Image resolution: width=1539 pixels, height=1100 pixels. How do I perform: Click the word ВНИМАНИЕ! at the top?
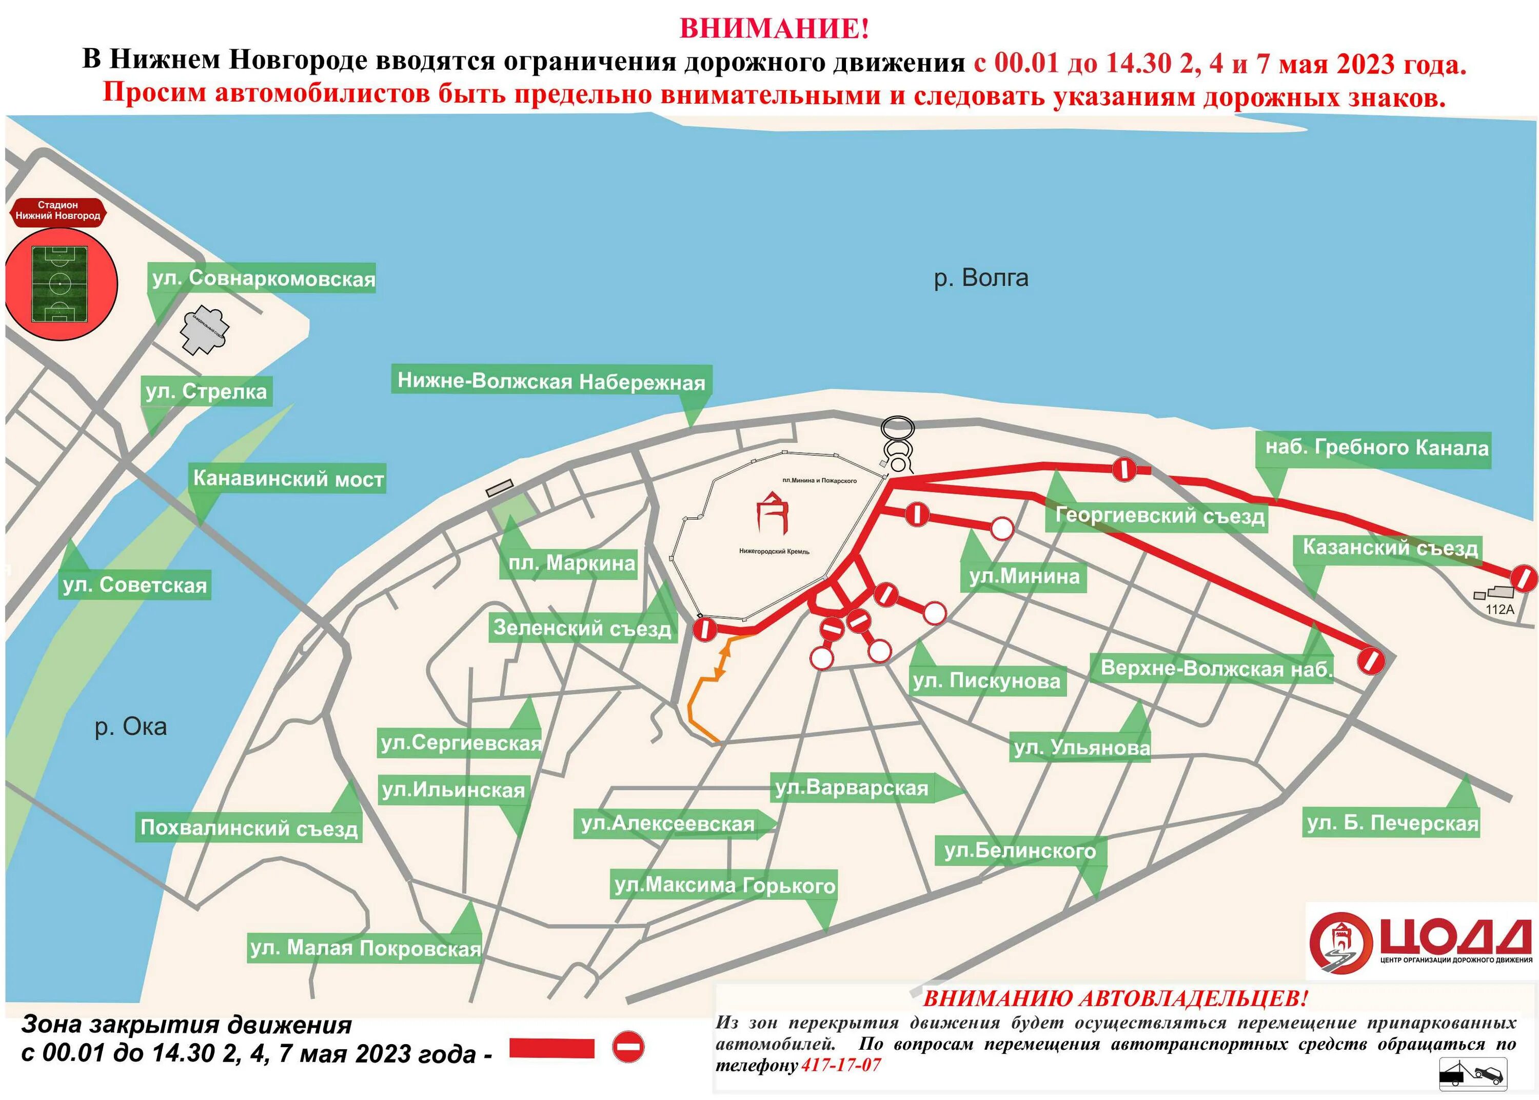point(774,28)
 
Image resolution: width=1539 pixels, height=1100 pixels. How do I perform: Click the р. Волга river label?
point(980,278)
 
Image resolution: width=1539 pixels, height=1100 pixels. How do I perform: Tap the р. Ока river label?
point(131,727)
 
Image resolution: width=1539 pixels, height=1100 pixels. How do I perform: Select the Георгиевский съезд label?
point(1160,515)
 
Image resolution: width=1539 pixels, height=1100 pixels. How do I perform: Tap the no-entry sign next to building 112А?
point(1524,578)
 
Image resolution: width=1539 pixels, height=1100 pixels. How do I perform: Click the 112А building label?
point(1499,609)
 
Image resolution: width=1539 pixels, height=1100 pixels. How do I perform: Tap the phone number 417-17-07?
point(841,1066)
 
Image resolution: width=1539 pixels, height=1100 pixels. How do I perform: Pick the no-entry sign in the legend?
point(628,1047)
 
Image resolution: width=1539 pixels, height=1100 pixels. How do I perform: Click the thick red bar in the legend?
point(551,1048)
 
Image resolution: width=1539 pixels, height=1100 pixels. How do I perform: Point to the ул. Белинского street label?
point(1020,850)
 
